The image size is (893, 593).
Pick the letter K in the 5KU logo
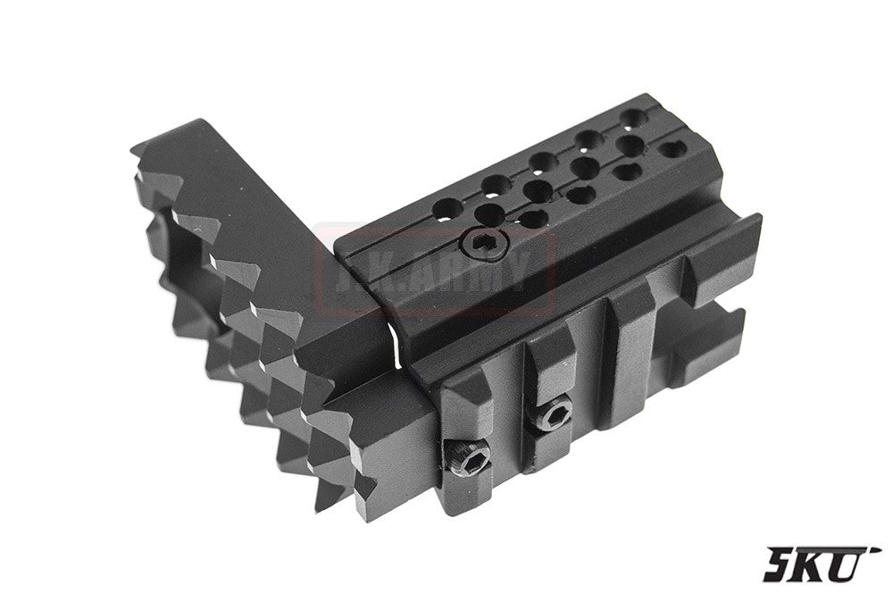pos(820,565)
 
